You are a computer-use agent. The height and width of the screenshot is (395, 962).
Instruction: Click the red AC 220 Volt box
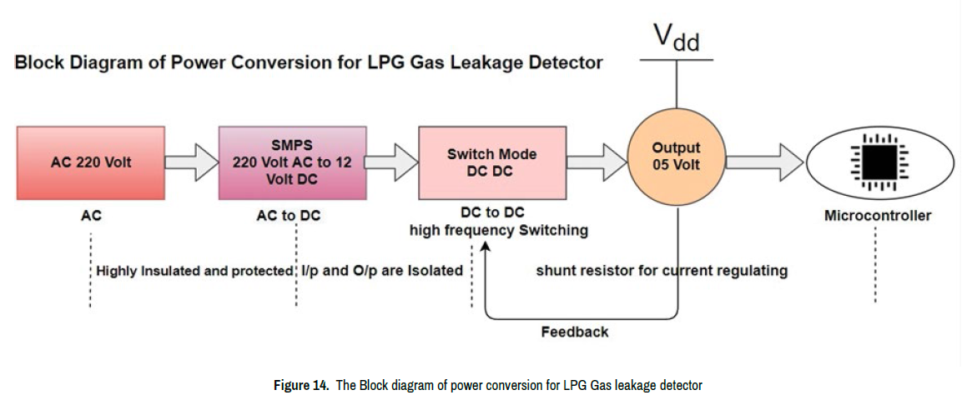[x=90, y=162]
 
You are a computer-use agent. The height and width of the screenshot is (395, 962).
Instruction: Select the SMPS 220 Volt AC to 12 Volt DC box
[x=292, y=162]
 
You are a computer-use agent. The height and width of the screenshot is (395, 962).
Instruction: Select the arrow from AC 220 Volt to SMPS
[x=190, y=162]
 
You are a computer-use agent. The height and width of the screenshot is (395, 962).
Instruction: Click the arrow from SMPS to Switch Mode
[x=392, y=162]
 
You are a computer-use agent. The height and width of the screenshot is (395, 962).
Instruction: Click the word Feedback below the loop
[x=575, y=332]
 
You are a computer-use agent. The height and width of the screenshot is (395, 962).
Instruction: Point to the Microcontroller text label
[x=877, y=216]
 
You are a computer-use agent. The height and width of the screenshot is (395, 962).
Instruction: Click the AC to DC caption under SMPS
[x=289, y=216]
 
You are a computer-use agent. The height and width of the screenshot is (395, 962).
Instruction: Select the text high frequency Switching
[x=498, y=230]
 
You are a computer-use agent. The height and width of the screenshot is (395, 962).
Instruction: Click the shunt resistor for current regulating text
[x=662, y=271]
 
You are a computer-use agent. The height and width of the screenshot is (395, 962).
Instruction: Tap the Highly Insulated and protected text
[x=194, y=271]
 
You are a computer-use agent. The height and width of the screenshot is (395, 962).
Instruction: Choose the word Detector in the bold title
[x=562, y=63]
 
